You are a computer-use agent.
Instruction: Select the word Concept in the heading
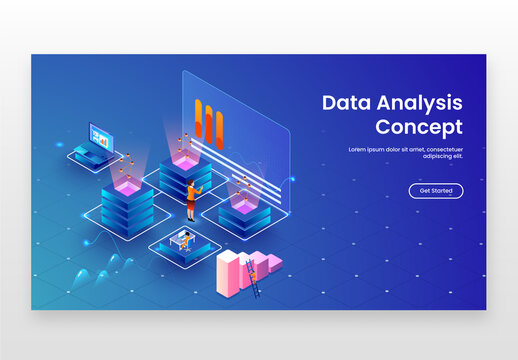419,127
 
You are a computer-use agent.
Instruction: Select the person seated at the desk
184,239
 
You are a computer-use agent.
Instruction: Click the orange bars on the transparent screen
209,120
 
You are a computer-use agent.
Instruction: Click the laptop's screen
101,133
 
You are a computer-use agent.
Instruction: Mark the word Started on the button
442,191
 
